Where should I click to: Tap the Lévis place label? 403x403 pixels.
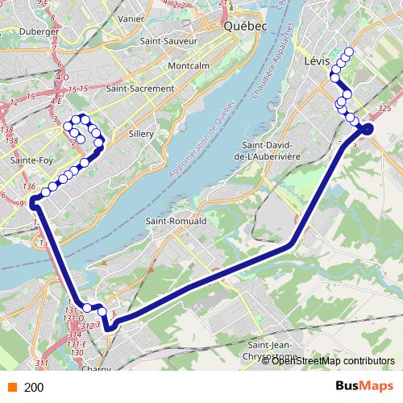click(x=319, y=60)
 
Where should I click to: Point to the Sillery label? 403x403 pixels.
click(x=140, y=136)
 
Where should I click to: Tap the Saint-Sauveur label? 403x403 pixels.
click(x=168, y=40)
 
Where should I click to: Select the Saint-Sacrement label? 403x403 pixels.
click(x=139, y=89)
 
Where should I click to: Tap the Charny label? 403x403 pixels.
click(x=97, y=371)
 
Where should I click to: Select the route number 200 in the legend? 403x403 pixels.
click(x=34, y=388)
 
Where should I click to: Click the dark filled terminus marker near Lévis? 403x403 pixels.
click(x=367, y=129)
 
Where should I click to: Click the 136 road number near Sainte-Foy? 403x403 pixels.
click(x=30, y=187)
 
